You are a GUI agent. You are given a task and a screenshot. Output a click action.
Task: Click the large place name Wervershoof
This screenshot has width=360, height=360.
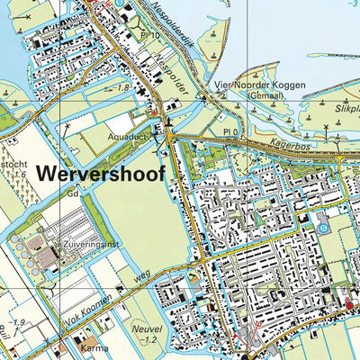102,175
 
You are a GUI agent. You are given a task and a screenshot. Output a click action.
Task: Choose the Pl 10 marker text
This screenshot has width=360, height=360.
149,35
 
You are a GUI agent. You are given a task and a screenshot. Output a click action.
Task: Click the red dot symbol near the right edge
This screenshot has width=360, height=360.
350,307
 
